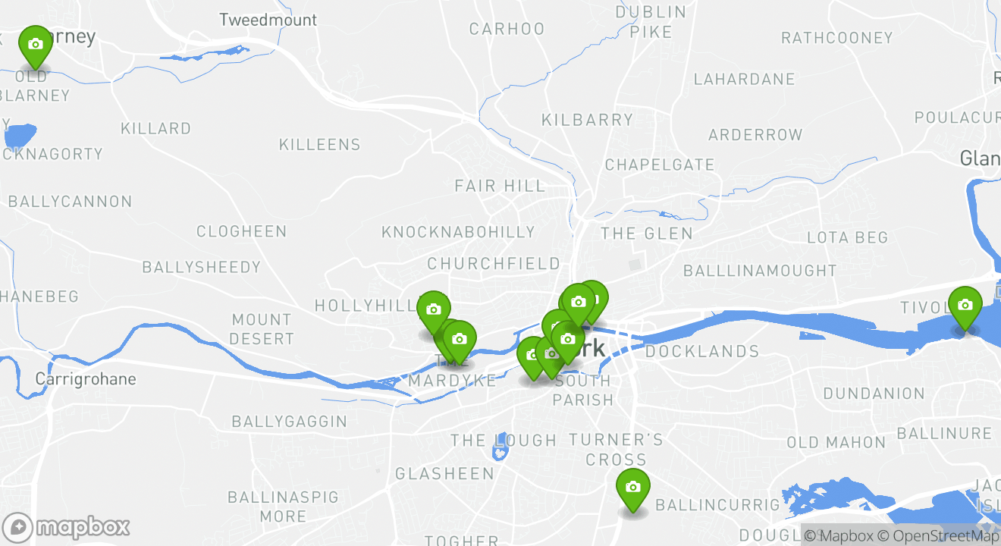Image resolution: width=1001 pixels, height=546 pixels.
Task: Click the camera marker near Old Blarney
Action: point(35,45)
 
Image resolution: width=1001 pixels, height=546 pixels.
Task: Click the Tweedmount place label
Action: point(268,20)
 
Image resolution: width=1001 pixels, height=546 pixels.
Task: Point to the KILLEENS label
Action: point(319,145)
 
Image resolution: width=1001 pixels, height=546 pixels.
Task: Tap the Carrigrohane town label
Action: point(86,379)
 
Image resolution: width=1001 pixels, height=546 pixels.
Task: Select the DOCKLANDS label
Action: point(701,352)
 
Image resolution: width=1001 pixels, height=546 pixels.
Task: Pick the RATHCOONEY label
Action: point(836,38)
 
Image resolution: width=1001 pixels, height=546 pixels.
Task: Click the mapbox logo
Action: point(67,527)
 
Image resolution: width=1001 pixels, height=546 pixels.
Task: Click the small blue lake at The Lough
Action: point(499,453)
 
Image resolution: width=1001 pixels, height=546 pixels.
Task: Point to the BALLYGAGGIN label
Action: point(289,422)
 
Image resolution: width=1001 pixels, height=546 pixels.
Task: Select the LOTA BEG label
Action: point(847,238)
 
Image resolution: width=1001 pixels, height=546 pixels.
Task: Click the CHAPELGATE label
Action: point(659,165)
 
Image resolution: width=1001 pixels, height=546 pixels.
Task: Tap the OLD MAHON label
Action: point(836,443)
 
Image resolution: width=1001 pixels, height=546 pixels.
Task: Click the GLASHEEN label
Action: point(444,474)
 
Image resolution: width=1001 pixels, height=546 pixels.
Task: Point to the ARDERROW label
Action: point(755,136)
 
